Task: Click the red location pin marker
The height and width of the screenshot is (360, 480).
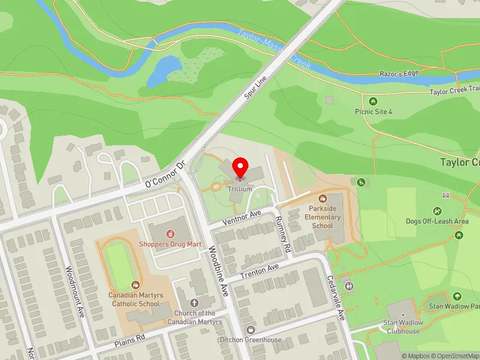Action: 241,167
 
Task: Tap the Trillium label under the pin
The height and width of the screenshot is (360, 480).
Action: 240,188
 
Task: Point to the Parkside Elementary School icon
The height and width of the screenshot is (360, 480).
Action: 323,198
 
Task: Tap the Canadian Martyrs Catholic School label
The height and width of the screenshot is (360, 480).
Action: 134,299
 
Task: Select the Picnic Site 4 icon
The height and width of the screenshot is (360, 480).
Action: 373,101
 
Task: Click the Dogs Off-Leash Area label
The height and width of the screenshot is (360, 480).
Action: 437,221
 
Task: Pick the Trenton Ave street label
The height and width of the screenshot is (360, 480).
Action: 260,271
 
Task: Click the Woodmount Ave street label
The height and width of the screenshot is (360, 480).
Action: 74,291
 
